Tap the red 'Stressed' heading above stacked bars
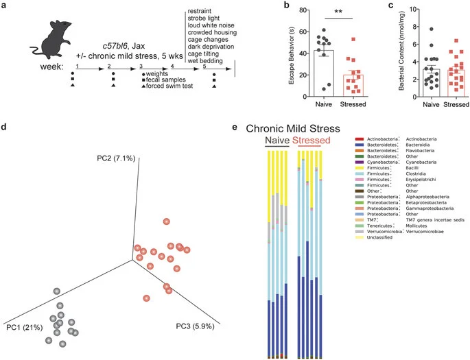[312, 141]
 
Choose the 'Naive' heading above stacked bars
[277, 141]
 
